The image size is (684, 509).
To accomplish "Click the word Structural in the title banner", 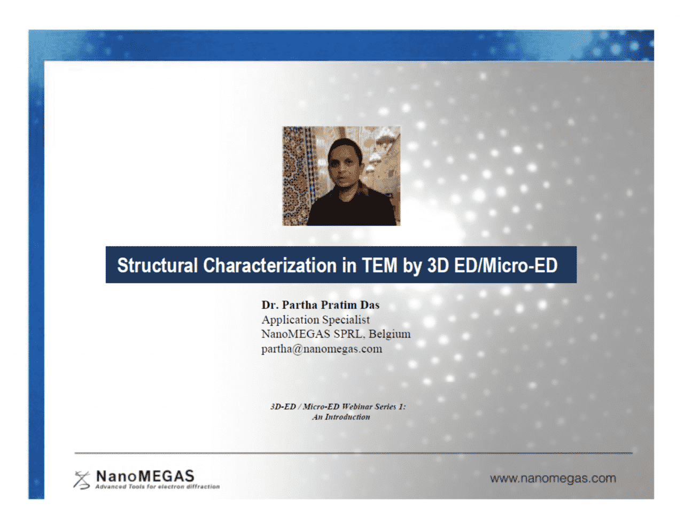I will tap(158, 265).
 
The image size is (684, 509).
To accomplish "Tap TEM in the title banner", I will tap(380, 265).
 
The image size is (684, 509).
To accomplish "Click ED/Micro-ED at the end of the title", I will tap(506, 265).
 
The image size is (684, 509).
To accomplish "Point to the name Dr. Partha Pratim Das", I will tap(321, 305).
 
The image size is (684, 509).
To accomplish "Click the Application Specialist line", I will tap(315, 319).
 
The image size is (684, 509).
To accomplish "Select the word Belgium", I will tap(390, 334).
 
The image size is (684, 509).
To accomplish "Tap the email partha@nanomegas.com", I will tap(322, 349).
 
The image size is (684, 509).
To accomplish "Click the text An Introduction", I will tap(341, 417).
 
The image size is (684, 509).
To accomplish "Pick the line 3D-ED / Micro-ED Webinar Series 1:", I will tap(338, 406).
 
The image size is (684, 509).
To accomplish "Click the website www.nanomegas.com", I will tap(553, 478).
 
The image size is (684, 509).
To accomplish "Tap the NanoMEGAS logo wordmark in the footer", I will tap(145, 475).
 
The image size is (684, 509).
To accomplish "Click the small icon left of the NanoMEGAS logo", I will tap(82, 479).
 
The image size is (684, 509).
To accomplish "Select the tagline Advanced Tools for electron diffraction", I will tap(157, 487).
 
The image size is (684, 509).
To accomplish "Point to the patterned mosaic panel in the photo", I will tap(297, 171).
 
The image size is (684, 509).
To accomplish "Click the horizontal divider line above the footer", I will tap(353, 453).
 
